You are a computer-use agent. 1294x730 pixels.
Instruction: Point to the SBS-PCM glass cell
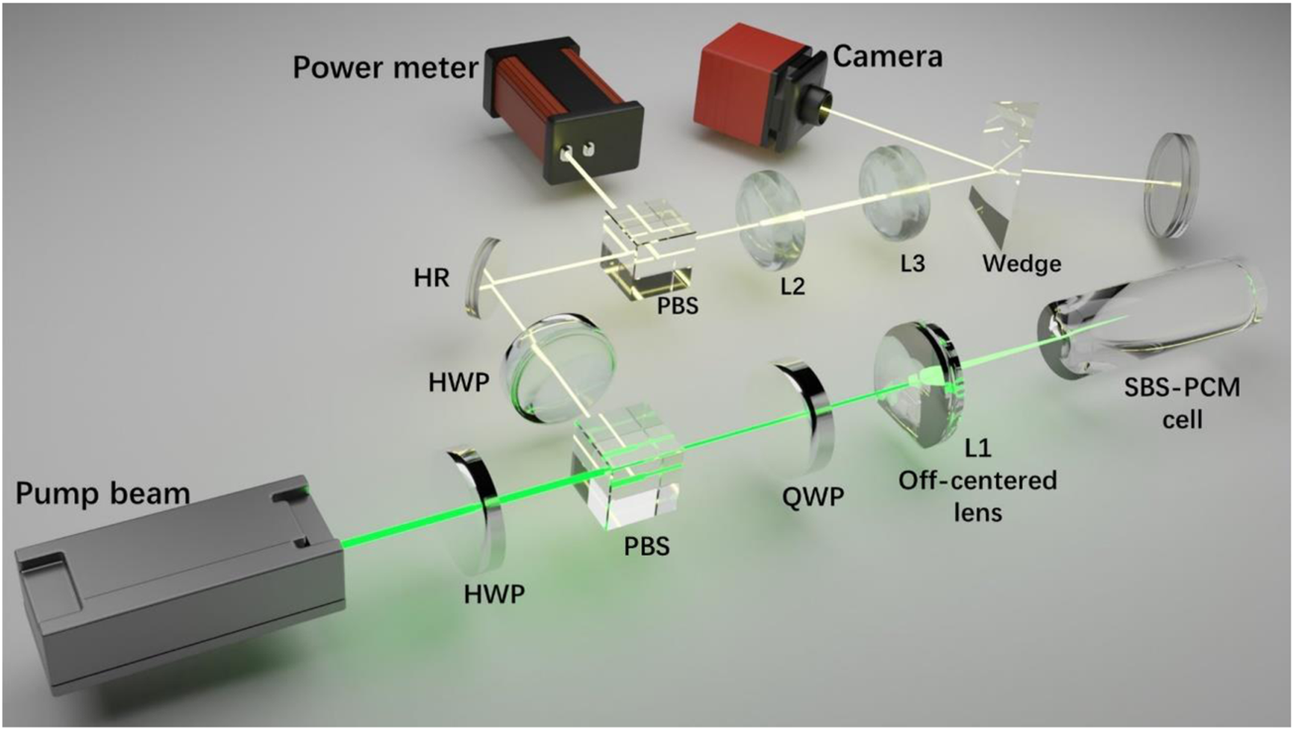point(1149,317)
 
